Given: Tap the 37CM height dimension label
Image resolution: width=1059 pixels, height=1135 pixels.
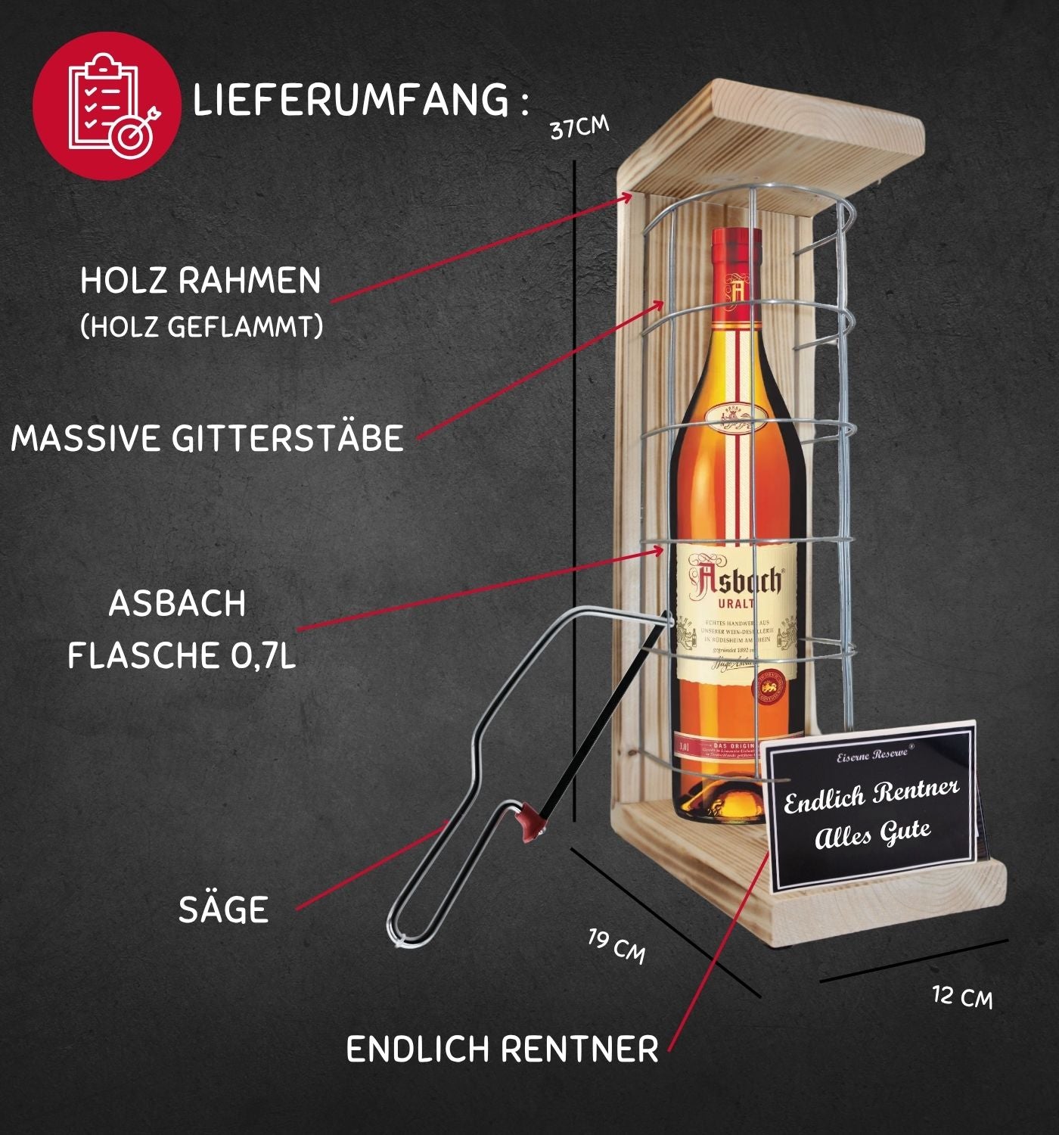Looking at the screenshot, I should (x=579, y=127).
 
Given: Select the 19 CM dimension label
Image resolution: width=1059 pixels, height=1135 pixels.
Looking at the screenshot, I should (x=617, y=947).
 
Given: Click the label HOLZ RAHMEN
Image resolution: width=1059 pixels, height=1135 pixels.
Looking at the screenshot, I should (x=200, y=281).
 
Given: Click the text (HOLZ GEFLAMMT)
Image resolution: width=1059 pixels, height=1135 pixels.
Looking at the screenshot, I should (x=201, y=327).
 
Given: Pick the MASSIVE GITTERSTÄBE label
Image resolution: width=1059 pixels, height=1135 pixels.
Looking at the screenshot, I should (x=207, y=438).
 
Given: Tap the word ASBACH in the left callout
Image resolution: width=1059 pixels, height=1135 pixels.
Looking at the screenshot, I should (x=177, y=604).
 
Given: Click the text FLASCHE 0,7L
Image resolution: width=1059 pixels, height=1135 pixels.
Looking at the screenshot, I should (x=182, y=655).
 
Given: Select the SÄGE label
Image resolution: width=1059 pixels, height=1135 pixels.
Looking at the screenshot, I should (x=224, y=910).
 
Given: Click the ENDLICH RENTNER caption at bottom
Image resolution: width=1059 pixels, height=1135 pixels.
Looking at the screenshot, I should (x=502, y=1049).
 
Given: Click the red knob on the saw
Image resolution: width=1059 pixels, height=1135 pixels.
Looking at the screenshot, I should (x=531, y=822).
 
